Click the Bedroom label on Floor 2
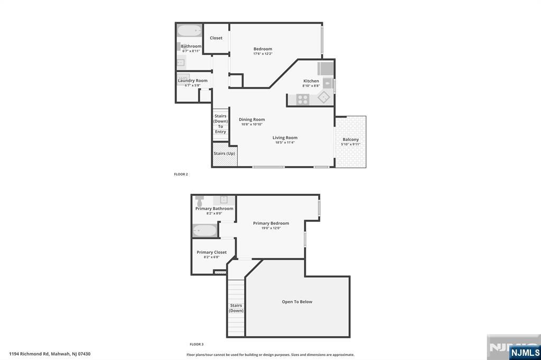tap(263, 49)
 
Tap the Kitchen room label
tap(311, 81)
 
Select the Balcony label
tap(350, 139)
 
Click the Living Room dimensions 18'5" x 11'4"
tap(285, 143)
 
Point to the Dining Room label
tap(251, 119)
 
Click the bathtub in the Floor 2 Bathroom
tap(189, 31)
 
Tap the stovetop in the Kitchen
tap(303, 99)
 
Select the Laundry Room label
tap(192, 81)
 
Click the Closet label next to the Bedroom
tap(216, 38)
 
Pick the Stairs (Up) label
tap(224, 154)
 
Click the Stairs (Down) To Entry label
tap(220, 124)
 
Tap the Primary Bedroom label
tap(270, 223)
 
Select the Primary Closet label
tap(211, 252)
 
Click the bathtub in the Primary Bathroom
tap(204, 231)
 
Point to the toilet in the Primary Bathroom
tap(199, 201)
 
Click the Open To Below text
tap(297, 302)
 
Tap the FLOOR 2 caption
tap(181, 174)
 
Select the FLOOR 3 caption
tap(197, 344)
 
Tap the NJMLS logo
tap(525, 353)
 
